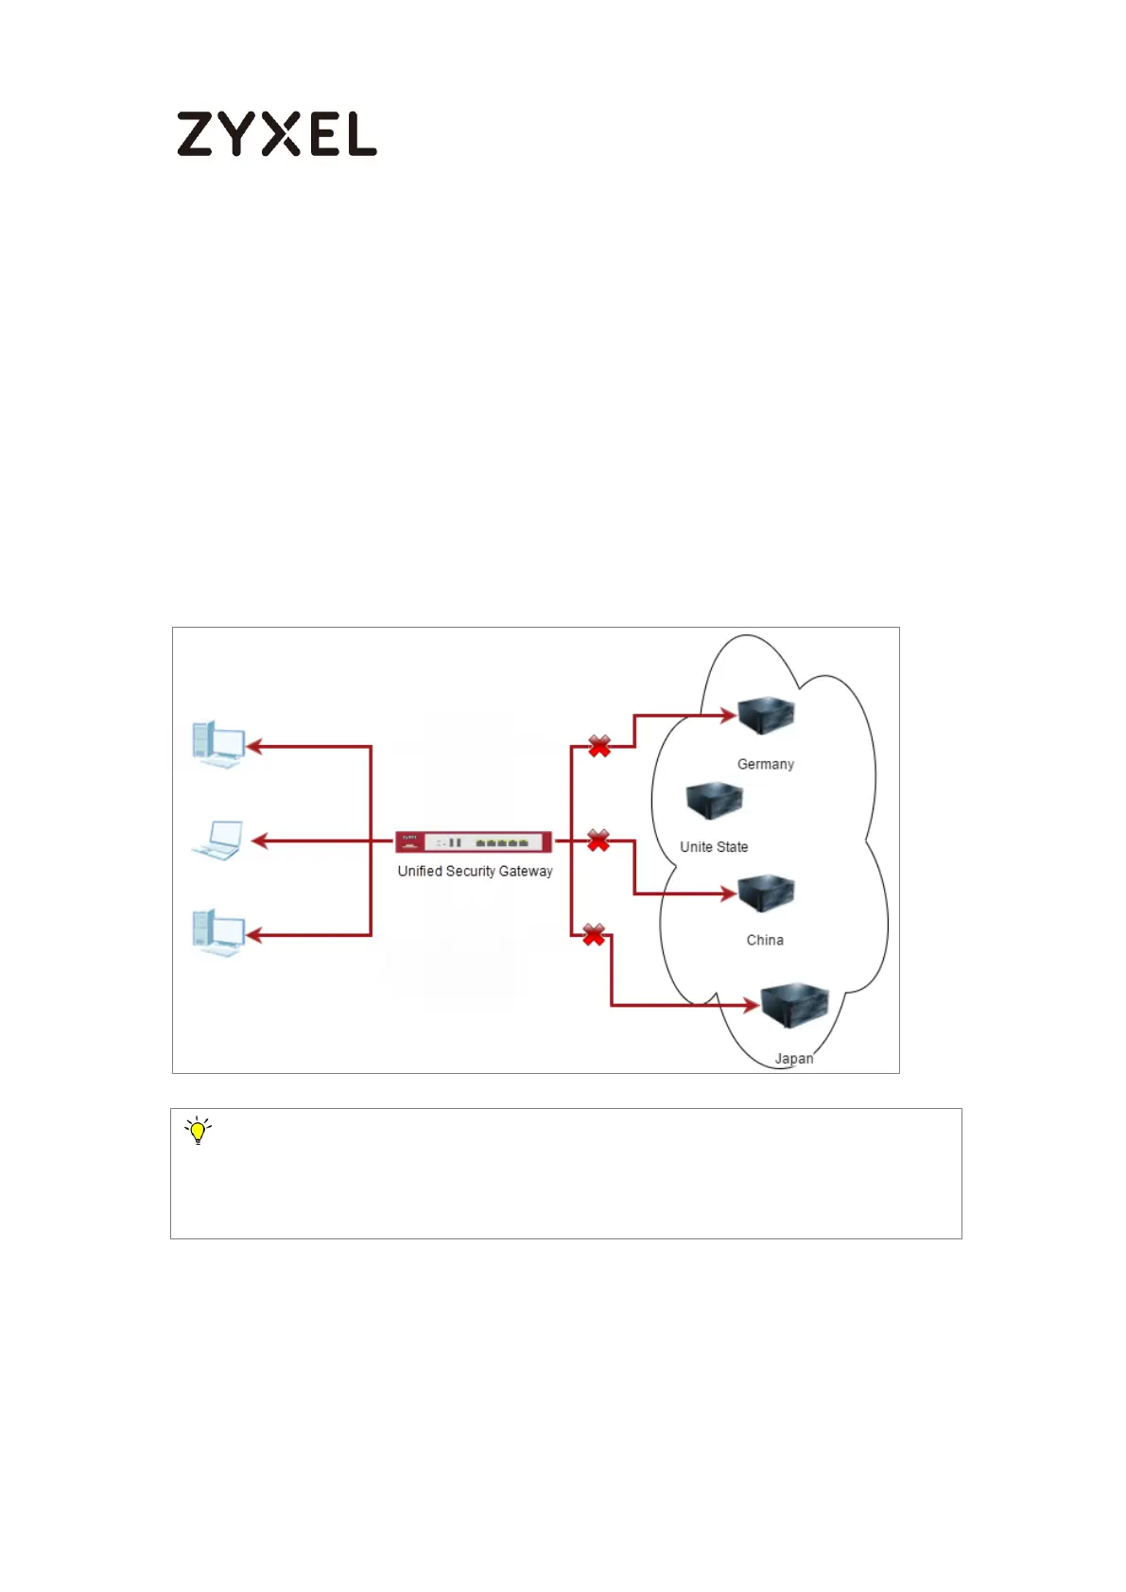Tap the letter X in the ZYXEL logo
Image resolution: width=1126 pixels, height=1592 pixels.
click(281, 134)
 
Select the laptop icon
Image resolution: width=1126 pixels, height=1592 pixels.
click(218, 840)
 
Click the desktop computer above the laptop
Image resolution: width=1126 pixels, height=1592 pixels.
click(218, 744)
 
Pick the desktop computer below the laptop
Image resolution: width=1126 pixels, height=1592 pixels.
click(218, 933)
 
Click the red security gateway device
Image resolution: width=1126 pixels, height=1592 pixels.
click(474, 841)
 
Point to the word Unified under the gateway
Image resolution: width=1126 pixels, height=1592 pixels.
click(420, 872)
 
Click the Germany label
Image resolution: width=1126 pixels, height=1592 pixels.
click(765, 764)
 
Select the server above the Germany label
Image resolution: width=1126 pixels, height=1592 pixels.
click(766, 716)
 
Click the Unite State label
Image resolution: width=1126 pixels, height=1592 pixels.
click(714, 847)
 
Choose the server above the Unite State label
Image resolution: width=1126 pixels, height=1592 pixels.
click(714, 801)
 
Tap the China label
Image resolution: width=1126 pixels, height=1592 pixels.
click(765, 940)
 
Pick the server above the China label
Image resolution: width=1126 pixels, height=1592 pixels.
click(766, 893)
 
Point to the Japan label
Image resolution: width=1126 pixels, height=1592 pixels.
click(794, 1059)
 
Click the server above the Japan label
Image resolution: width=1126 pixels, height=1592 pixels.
click(795, 1006)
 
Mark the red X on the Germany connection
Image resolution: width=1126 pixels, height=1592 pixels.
click(599, 747)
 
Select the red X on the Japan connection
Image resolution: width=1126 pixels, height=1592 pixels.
click(594, 935)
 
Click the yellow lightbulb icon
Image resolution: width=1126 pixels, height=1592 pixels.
click(198, 1131)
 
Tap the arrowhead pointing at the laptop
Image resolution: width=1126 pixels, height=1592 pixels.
click(259, 840)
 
